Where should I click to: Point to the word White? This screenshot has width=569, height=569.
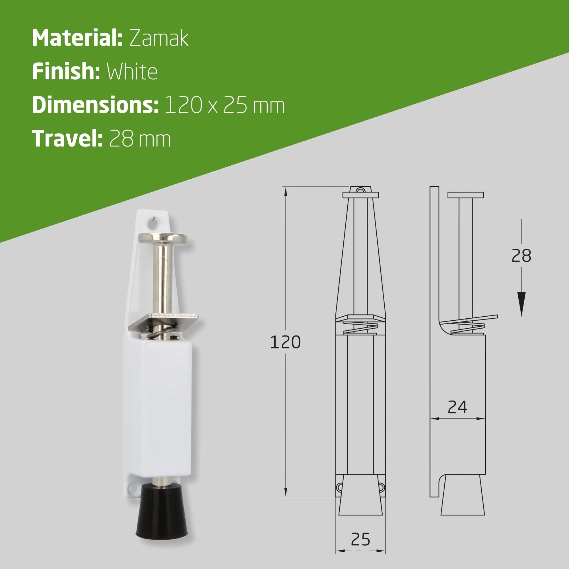tap(132, 72)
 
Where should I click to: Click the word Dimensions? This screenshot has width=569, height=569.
tap(95, 105)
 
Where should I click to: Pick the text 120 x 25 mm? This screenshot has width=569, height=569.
tap(225, 106)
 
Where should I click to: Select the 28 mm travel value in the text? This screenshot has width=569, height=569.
tap(140, 139)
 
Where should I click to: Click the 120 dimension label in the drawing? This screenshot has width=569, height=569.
tap(285, 342)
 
